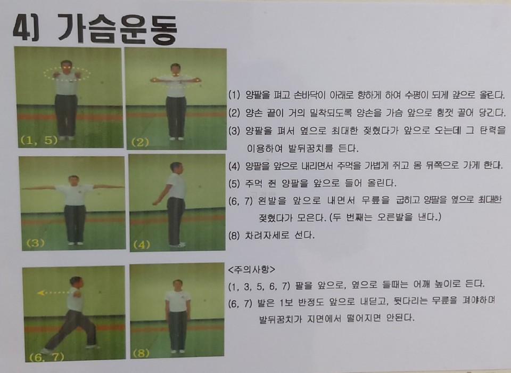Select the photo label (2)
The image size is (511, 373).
[x=140, y=142]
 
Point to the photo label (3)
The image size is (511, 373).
[x=35, y=243]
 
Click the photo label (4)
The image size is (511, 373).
[x=142, y=245]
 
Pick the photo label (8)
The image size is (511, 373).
[x=142, y=353]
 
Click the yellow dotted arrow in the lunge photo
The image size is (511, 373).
[x=54, y=293]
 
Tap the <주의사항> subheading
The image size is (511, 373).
[x=252, y=270]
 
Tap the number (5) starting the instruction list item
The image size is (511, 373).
[x=234, y=184]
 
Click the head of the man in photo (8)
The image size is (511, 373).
[x=178, y=285]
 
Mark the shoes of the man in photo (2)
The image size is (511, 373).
[x=176, y=139]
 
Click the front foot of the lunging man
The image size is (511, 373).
[x=47, y=351]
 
